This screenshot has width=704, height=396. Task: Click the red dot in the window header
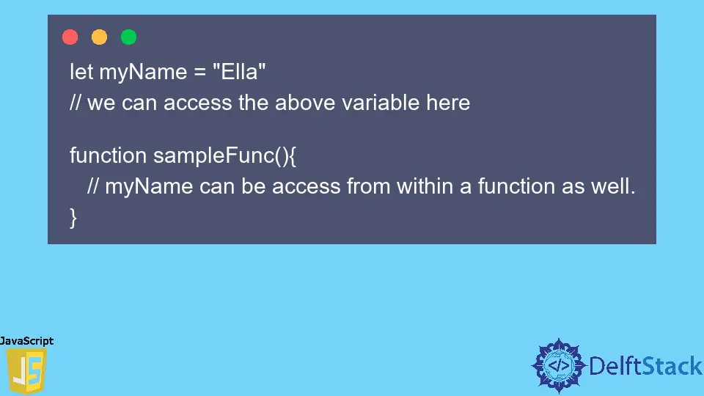[x=70, y=37]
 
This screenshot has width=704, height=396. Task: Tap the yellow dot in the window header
[x=99, y=37]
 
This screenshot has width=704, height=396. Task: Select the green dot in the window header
[x=128, y=37]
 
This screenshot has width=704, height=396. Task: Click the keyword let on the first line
[x=81, y=72]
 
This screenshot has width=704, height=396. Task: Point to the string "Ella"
[x=238, y=72]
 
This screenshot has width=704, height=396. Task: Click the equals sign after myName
[x=198, y=73]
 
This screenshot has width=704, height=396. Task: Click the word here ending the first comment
[x=448, y=103]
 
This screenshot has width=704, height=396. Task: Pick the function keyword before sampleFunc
[x=108, y=156]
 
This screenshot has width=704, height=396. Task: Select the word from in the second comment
[x=370, y=187]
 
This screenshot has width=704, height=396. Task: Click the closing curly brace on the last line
[x=73, y=217]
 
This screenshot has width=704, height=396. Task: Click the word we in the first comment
[x=101, y=103]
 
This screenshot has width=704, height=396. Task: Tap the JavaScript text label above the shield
[x=26, y=341]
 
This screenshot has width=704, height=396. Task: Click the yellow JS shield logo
[x=26, y=372]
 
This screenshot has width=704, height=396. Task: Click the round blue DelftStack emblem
[x=560, y=365]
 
